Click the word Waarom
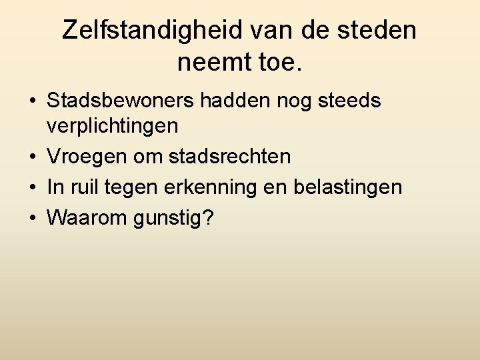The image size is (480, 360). (89, 218)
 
